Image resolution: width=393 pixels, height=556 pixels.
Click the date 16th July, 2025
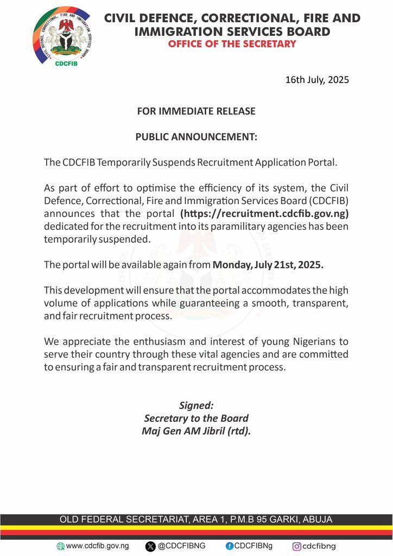tap(317, 80)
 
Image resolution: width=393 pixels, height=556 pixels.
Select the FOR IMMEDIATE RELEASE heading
tap(196, 111)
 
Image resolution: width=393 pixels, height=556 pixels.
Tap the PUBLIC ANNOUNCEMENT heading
tap(196, 137)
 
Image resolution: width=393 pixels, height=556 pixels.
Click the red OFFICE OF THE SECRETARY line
tap(232, 44)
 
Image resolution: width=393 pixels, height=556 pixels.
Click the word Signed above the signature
tap(196, 405)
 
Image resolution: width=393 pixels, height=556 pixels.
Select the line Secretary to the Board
tap(196, 418)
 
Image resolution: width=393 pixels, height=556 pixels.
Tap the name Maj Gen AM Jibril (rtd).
tap(196, 432)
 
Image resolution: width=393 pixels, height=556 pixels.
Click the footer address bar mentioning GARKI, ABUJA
tap(196, 520)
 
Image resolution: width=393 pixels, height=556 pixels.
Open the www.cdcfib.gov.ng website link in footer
tap(97, 546)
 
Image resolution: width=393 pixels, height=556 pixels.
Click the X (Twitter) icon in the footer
tap(150, 546)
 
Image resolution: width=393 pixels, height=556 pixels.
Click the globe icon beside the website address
tap(60, 546)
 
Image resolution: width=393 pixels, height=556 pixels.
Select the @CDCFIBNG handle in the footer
tap(181, 546)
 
